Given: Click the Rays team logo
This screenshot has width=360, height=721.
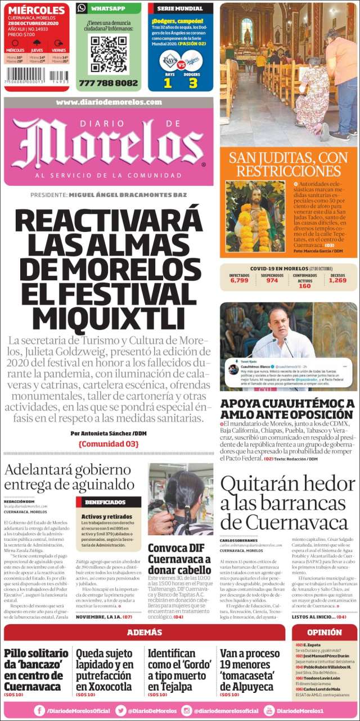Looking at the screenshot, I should point(167,61).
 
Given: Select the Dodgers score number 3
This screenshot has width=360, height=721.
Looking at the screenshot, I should point(193,82).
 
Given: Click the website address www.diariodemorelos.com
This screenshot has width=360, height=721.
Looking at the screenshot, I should point(109,102).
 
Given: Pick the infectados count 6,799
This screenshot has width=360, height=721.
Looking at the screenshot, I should point(239,280).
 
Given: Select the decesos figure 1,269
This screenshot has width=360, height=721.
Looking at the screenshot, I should point(337,280).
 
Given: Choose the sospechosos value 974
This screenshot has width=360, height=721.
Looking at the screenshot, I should point(272,280).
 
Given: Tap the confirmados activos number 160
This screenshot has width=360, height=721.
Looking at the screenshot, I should point(304,286).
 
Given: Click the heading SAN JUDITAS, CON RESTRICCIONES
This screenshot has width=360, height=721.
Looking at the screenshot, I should point(288,163).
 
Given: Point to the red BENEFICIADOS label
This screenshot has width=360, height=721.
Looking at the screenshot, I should point(109,501).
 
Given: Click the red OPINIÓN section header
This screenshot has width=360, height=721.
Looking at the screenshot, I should point(325,632).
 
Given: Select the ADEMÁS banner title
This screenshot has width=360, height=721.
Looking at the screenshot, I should point(145,632).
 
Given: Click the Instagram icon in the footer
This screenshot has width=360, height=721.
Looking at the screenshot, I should point(187,711).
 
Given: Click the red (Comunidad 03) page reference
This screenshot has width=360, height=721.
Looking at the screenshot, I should point(109,444).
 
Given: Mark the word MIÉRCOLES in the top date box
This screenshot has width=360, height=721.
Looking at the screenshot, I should point(37,10).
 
